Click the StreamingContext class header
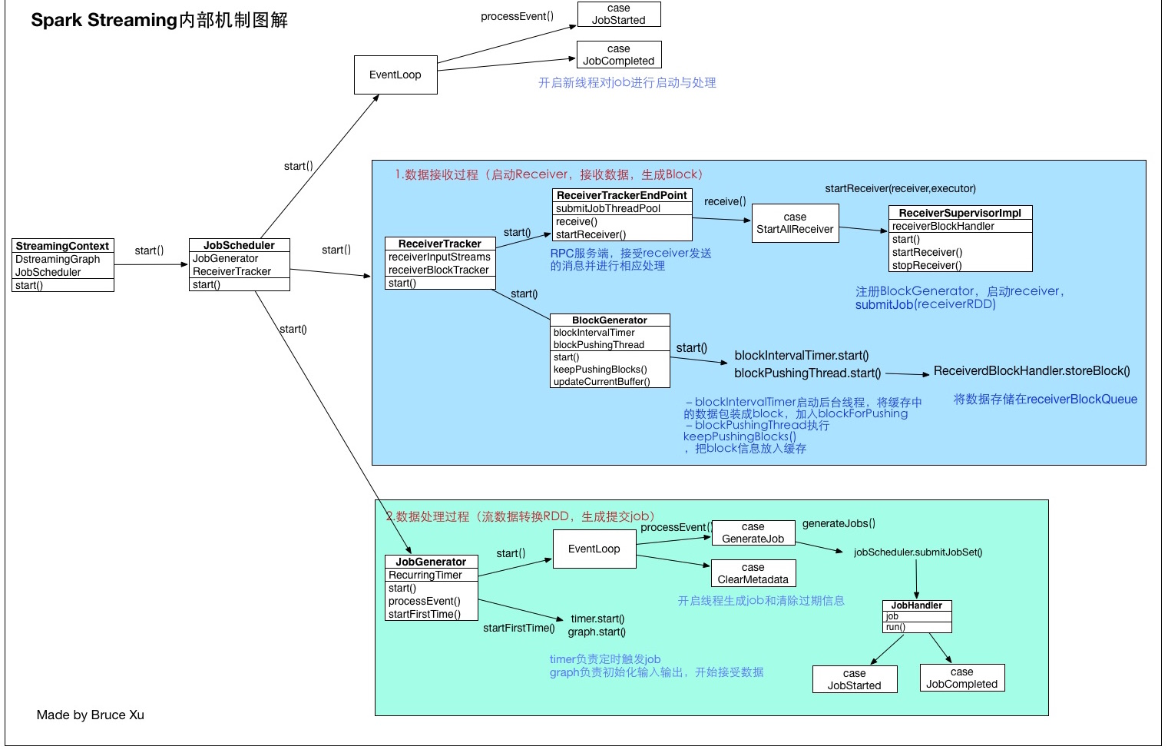[x=62, y=246]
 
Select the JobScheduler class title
[x=239, y=245]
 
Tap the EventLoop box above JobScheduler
[x=395, y=75]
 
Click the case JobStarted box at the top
[x=618, y=14]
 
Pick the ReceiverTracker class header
[x=439, y=244]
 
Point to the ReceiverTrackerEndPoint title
[x=621, y=195]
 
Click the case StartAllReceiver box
[x=795, y=223]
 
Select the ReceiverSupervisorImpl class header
[x=960, y=213]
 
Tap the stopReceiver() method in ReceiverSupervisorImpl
[x=927, y=265]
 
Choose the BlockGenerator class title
[x=610, y=320]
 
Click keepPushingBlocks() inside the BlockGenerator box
[x=601, y=369]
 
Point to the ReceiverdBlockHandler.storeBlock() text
[x=1031, y=371]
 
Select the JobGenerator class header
[x=431, y=562]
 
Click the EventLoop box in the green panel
[x=594, y=549]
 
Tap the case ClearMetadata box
[x=753, y=573]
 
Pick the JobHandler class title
[x=917, y=605]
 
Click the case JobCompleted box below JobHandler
[x=961, y=678]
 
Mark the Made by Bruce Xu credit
[x=91, y=715]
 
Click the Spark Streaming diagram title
[x=159, y=20]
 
